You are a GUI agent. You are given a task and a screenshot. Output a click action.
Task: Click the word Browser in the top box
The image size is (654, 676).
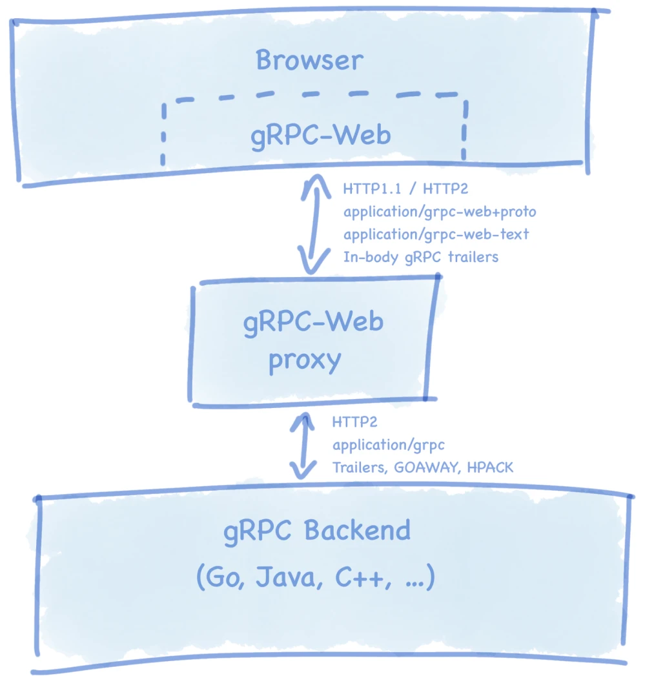pos(309,61)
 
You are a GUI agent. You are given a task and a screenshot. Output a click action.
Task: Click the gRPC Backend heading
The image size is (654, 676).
pos(317,531)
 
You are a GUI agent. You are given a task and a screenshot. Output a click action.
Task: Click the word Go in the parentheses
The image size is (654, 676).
pos(224,579)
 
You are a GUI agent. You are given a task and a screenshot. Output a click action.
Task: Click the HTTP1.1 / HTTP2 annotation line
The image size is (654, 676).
pos(405,190)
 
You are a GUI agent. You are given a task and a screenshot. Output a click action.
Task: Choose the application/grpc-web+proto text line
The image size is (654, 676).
pos(440,212)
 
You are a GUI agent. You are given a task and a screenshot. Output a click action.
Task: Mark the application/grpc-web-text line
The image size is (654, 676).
pos(436,234)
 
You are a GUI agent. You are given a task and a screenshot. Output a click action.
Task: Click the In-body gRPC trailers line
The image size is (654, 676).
pos(420,256)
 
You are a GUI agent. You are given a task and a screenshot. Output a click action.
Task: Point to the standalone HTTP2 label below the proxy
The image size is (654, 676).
pos(354,422)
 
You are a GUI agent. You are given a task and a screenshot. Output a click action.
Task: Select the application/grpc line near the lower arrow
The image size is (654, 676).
pos(388,445)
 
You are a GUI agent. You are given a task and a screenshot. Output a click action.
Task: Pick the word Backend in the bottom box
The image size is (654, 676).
pos(357,531)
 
